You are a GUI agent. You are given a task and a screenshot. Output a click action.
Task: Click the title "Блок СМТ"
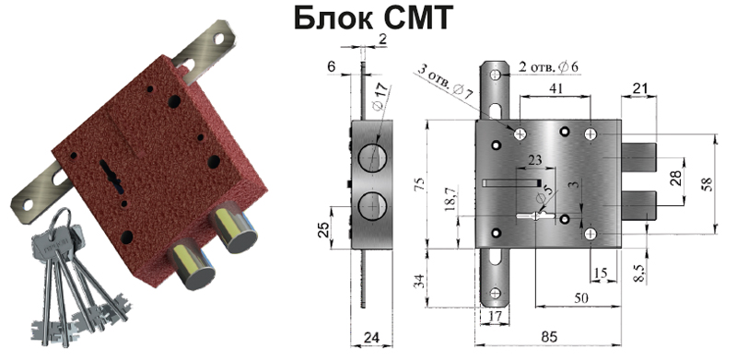click(374, 18)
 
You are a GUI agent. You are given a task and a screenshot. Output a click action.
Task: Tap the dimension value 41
click(555, 87)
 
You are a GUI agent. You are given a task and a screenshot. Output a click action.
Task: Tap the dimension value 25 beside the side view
click(323, 227)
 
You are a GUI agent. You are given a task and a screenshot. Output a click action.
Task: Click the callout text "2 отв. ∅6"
click(548, 68)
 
